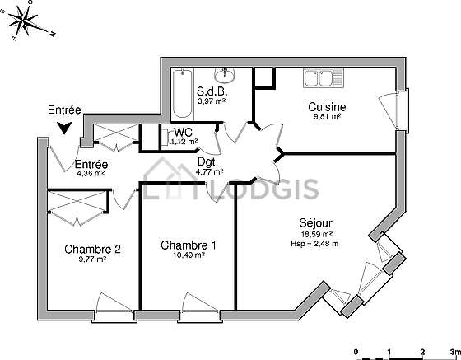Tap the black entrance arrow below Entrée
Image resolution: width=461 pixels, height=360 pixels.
pyautogui.click(x=64, y=128)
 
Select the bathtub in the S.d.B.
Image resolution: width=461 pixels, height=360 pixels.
pyautogui.click(x=182, y=94)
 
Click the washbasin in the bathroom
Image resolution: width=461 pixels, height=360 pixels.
pyautogui.click(x=224, y=75)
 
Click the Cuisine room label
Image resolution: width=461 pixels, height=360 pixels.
pyautogui.click(x=327, y=107)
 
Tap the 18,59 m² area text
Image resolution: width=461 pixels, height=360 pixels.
pyautogui.click(x=316, y=235)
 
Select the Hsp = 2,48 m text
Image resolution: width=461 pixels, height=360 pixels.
pyautogui.click(x=314, y=244)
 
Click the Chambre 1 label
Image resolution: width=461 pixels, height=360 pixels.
pyautogui.click(x=189, y=245)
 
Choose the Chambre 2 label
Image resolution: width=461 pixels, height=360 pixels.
pyautogui.click(x=92, y=250)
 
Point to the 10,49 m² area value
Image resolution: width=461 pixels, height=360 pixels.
pyautogui.click(x=189, y=255)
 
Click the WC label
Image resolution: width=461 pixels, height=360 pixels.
pyautogui.click(x=183, y=132)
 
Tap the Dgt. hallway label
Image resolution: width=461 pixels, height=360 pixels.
pyautogui.click(x=208, y=161)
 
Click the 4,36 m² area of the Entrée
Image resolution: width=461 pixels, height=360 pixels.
pyautogui.click(x=91, y=173)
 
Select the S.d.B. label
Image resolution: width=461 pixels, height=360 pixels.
pyautogui.click(x=212, y=91)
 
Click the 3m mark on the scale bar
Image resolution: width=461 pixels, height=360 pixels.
pyautogui.click(x=455, y=352)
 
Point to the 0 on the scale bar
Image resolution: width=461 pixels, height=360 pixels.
pyautogui.click(x=356, y=352)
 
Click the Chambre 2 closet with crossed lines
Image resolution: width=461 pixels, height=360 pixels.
pyautogui.click(x=77, y=201)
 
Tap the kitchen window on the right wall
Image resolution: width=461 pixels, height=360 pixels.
pyautogui.click(x=403, y=110)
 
